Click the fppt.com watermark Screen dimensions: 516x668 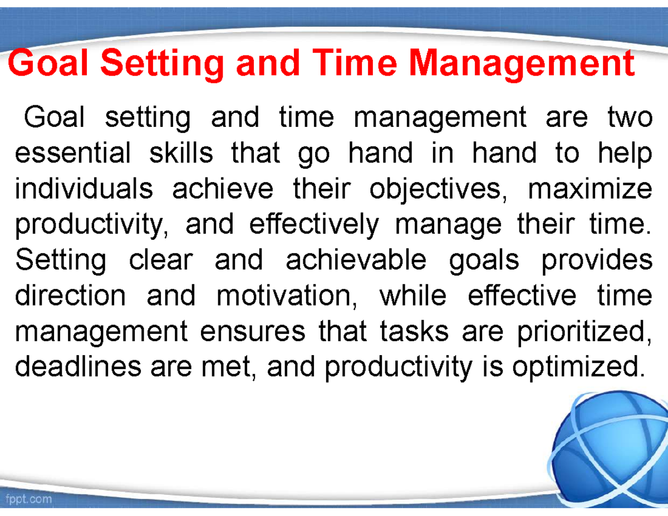tap(29, 499)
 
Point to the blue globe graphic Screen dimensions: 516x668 tap(612, 445)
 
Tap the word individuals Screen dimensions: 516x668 tap(83, 189)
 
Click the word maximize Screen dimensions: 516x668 tap(589, 189)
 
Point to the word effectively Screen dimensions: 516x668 tap(313, 225)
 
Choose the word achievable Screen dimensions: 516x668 tap(356, 260)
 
